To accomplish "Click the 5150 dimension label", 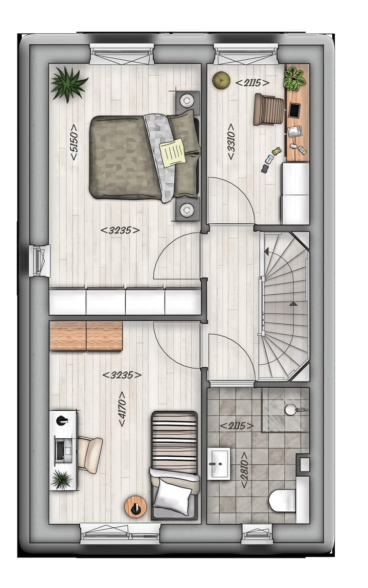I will pos(74,142).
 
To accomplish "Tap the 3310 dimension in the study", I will pos(231,142).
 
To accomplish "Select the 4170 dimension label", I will pos(122,409).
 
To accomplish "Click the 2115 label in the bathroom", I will pos(237,425).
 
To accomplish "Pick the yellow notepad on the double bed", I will pos(173,151).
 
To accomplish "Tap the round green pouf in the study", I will pos(221,79).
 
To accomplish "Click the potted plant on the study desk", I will pos(295,78).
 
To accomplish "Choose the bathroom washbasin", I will pos(219,463).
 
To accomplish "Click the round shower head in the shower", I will pos(291,409).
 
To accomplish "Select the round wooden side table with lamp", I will pos(135,506).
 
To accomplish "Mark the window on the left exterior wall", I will pos(39,261).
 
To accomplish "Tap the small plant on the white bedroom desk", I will pos(62,479).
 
